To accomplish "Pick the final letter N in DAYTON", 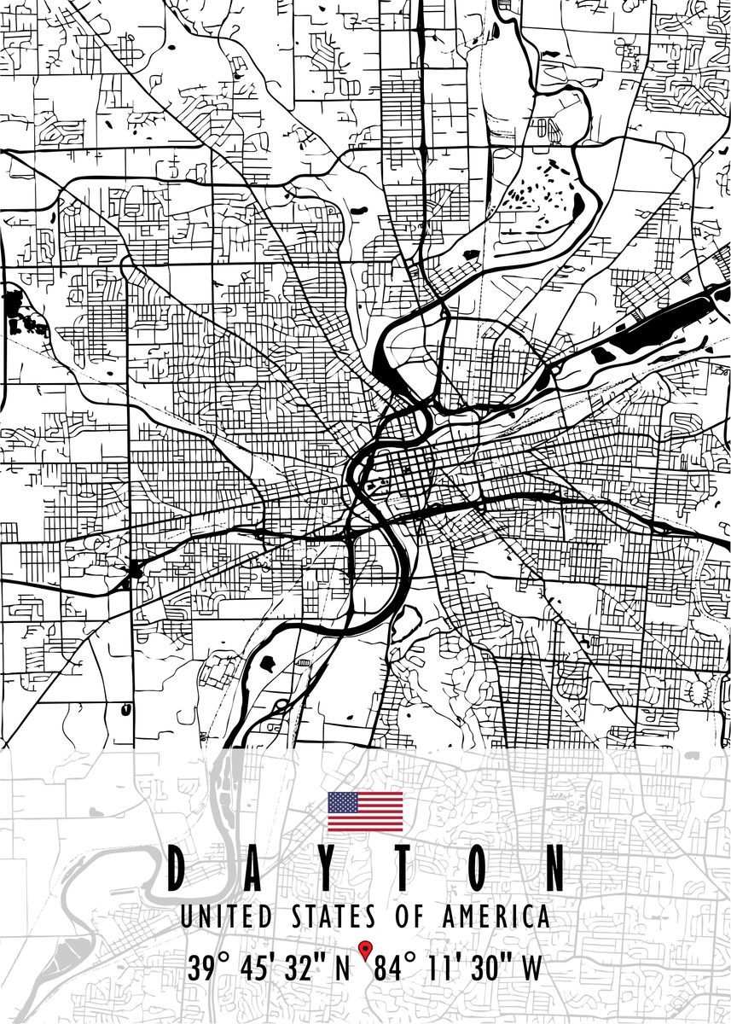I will click(x=554, y=870).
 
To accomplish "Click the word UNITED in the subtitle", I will click(x=226, y=918).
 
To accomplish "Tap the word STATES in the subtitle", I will click(x=333, y=918).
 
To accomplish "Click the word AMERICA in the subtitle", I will click(x=496, y=918).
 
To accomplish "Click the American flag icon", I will click(x=365, y=812).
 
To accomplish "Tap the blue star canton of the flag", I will click(x=343, y=801).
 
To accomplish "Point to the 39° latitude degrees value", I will click(x=210, y=969).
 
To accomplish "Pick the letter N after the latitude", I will click(x=343, y=969).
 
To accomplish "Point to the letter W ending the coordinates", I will click(x=531, y=969).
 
